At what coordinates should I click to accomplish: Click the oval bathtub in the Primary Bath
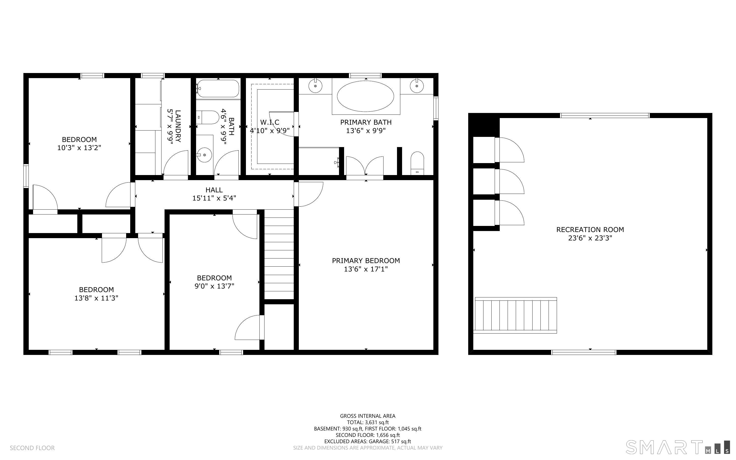click(365, 96)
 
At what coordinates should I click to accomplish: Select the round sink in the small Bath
click(204, 155)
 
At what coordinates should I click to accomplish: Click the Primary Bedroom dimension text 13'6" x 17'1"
click(366, 269)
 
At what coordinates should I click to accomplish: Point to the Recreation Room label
click(590, 230)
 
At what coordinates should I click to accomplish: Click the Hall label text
click(214, 190)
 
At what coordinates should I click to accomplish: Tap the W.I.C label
click(270, 122)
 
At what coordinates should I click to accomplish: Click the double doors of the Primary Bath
click(365, 166)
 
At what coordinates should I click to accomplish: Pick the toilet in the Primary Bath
click(417, 163)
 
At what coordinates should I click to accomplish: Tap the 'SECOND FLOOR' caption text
click(32, 448)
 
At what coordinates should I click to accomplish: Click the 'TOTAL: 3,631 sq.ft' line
click(368, 422)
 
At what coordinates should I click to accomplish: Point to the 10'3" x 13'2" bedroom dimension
click(79, 148)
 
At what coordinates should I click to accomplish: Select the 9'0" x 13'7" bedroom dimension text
click(214, 286)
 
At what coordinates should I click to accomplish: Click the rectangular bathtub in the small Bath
click(218, 89)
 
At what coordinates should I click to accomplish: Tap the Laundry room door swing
click(176, 163)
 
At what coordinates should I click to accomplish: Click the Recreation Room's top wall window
click(605, 115)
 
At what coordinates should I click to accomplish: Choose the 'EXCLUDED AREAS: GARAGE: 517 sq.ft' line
click(367, 441)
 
